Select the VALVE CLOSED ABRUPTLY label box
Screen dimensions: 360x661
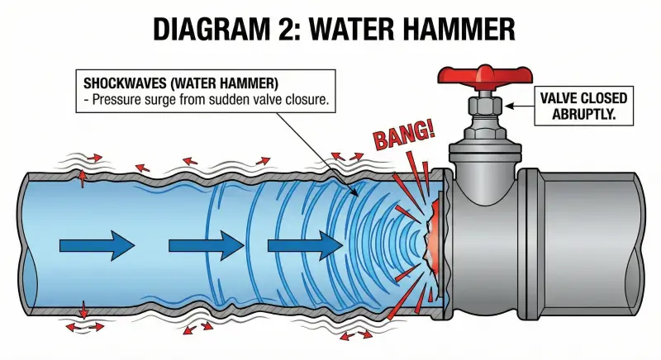coord(583,106)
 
